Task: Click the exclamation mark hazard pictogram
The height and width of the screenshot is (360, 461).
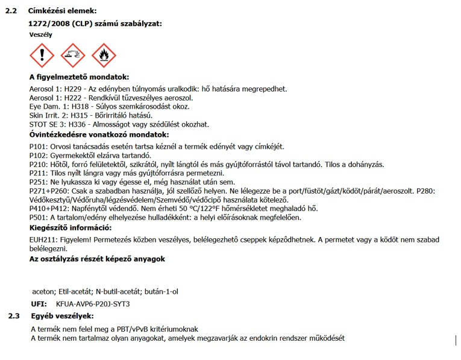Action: click(42, 56)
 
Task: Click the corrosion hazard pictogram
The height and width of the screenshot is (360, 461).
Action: click(73, 56)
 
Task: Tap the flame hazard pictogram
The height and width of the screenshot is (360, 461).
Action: click(104, 56)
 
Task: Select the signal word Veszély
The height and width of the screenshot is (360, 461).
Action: click(41, 35)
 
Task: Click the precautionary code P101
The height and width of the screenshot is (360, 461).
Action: click(38, 147)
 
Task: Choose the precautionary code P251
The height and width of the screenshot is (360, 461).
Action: click(38, 182)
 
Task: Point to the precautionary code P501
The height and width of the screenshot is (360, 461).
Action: click(38, 217)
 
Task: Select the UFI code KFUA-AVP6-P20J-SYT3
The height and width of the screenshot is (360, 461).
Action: click(92, 303)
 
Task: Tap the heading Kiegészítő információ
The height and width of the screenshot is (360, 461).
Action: click(71, 228)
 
